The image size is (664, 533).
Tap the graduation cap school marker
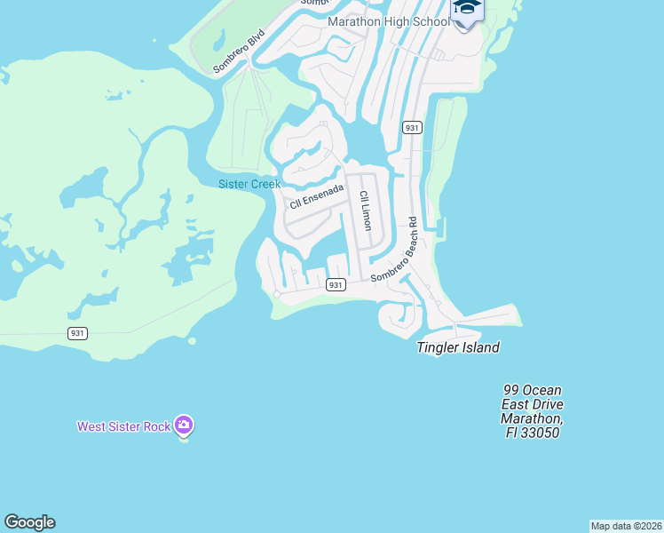(466, 9)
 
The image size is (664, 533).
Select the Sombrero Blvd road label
(239, 52)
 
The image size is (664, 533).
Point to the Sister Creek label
(249, 184)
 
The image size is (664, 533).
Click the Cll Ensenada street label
(316, 195)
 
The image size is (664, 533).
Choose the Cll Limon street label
(365, 211)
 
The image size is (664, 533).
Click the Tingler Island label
(458, 347)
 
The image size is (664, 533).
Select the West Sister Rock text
(123, 426)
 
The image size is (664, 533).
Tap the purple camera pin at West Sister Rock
(184, 426)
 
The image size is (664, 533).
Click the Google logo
(29, 522)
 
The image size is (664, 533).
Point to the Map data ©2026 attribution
(626, 526)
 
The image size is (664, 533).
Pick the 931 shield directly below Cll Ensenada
(335, 284)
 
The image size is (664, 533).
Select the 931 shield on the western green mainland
(78, 333)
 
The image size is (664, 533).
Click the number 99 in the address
(511, 390)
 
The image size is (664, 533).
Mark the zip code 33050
(542, 433)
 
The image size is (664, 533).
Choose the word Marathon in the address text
(531, 418)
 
